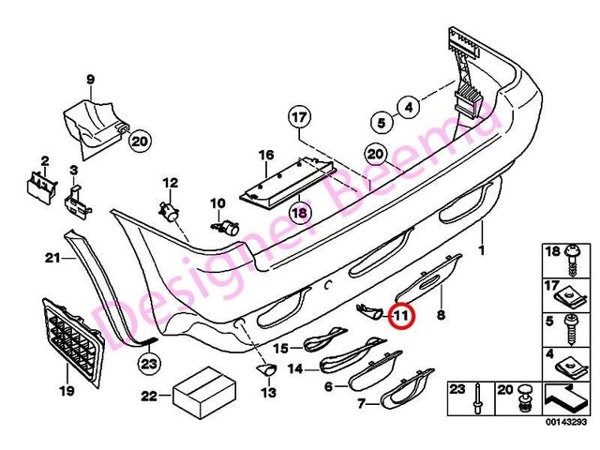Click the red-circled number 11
[401, 317]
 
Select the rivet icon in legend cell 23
[479, 401]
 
